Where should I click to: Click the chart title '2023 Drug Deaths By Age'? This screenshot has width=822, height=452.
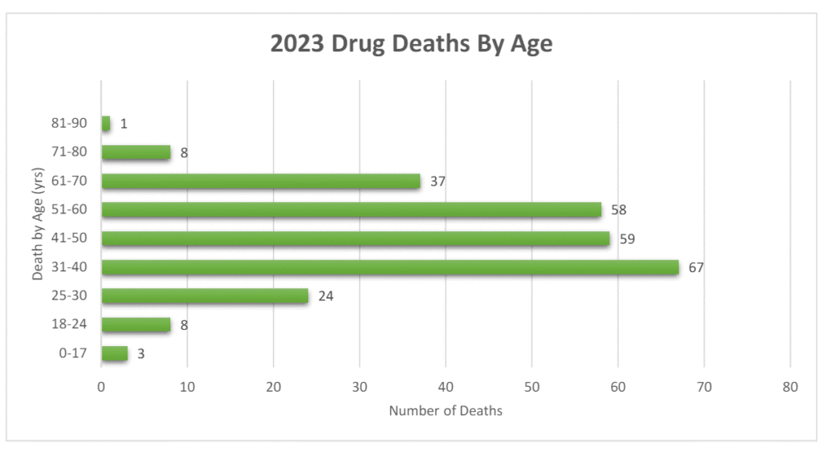tap(411, 43)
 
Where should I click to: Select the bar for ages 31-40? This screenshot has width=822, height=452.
tap(390, 267)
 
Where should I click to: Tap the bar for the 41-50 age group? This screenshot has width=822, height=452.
tap(356, 238)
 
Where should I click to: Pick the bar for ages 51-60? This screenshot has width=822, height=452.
tap(351, 210)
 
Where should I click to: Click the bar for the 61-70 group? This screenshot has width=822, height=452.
tap(261, 181)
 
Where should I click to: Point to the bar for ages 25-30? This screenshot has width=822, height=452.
tap(205, 296)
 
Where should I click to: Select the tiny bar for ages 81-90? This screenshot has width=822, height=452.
tap(106, 124)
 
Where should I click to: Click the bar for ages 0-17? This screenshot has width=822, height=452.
tap(114, 353)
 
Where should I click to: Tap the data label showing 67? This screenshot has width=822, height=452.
tap(696, 267)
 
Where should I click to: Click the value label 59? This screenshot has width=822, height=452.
tap(627, 238)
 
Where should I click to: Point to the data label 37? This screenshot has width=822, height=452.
tap(437, 181)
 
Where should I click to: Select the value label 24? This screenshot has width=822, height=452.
tap(325, 296)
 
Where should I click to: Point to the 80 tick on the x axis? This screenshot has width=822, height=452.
tap(791, 386)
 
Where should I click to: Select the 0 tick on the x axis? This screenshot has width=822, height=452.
tap(101, 386)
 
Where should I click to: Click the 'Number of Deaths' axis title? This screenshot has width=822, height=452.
tap(446, 411)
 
